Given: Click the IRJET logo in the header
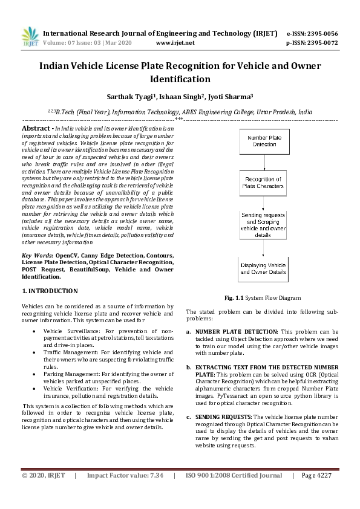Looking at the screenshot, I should (30, 36).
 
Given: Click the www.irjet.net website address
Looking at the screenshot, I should (175, 43).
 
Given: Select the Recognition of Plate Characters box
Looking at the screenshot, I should (263, 183).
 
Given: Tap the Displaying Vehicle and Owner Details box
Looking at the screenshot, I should (263, 268).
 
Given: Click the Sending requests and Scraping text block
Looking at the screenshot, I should (263, 225).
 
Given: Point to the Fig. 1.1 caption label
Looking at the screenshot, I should (233, 298).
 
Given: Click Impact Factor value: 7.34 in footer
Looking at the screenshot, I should (125, 493).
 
